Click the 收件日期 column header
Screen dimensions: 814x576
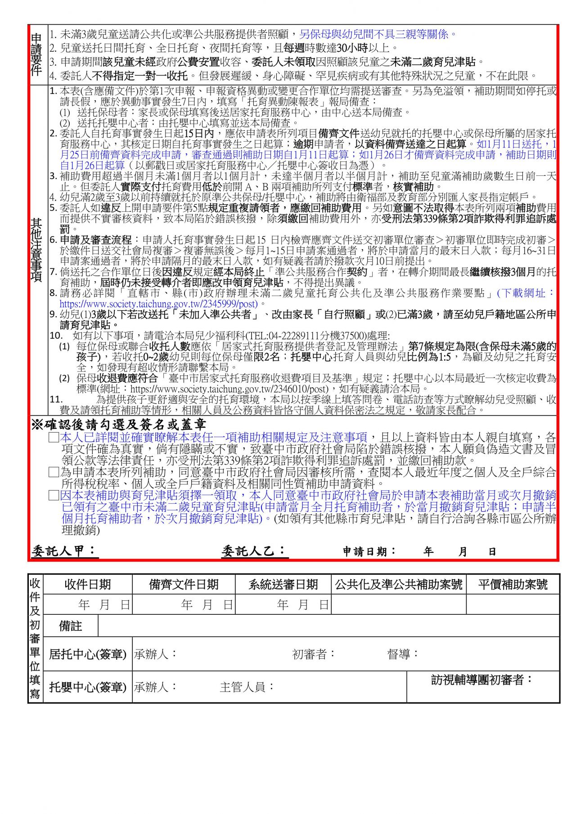tap(87, 584)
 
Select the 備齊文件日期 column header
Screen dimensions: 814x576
tap(184, 584)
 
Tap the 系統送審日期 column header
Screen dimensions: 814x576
tap(283, 584)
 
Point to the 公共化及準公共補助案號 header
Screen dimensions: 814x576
tap(398, 584)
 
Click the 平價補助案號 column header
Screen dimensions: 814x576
tap(513, 584)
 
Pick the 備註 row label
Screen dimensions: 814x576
tap(71, 626)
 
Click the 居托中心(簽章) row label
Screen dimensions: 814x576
tap(88, 654)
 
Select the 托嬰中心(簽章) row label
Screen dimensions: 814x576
tap(88, 687)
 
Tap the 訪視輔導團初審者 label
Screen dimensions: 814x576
tap(481, 680)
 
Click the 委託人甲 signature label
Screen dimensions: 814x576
tap(64, 551)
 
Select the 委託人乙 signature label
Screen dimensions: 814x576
tap(254, 551)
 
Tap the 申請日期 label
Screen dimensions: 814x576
tap(369, 551)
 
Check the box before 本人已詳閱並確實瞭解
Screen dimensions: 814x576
tap(54, 437)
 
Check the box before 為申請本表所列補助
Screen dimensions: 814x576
tap(54, 472)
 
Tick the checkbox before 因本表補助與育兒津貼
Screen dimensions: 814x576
tap(54, 496)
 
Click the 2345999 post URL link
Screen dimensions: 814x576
tap(159, 304)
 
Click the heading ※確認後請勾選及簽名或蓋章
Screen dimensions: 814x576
tap(119, 425)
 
